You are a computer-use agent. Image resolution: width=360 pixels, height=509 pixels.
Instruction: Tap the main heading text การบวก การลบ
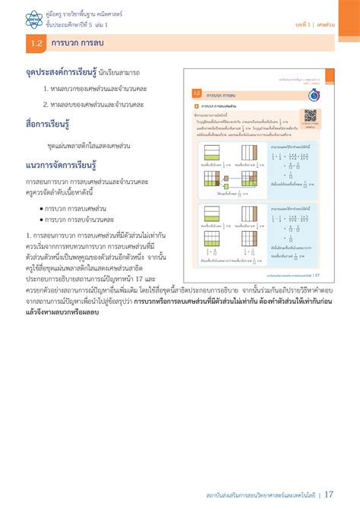coord(78,45)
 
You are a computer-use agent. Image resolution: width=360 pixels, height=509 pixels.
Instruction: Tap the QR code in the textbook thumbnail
coord(310,115)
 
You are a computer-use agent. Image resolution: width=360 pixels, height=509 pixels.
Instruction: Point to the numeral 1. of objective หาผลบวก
coord(46,89)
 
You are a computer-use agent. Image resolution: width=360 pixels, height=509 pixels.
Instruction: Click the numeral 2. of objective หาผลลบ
coord(46,104)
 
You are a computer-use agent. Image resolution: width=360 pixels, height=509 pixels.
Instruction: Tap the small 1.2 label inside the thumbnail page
coord(196,94)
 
